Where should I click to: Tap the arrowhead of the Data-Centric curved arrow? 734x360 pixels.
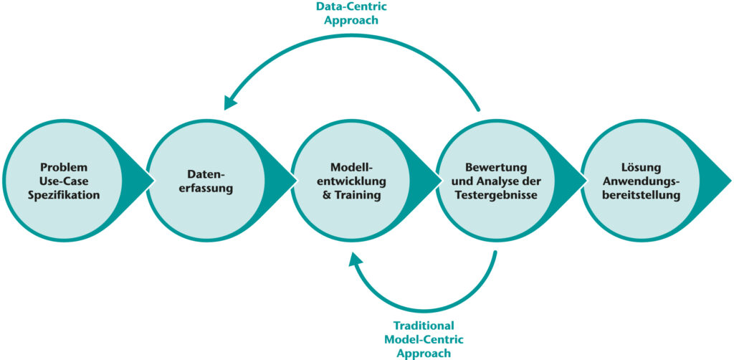click(231, 103)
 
